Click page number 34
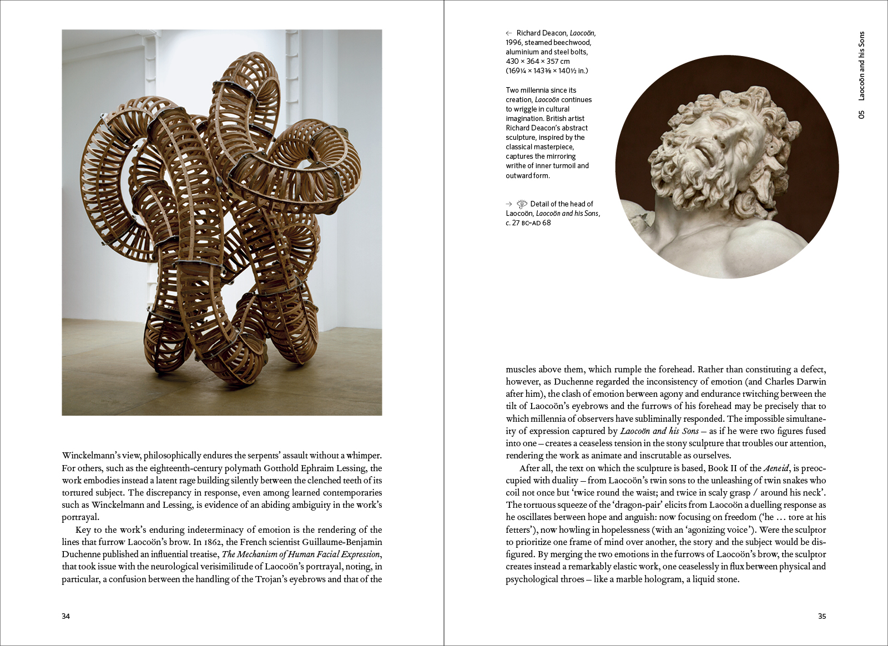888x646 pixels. point(65,616)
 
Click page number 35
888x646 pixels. point(822,616)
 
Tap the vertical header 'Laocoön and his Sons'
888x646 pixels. point(861,65)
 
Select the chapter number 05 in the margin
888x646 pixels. point(861,114)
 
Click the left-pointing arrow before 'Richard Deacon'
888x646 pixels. point(509,33)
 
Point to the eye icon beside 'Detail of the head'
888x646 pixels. point(522,204)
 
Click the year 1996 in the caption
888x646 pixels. point(513,43)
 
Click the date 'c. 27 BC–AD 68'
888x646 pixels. point(528,223)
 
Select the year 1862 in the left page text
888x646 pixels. point(214,542)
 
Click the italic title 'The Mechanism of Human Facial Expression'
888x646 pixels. point(301,554)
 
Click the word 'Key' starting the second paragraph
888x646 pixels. point(83,530)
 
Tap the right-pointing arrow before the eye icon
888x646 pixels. point(509,204)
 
